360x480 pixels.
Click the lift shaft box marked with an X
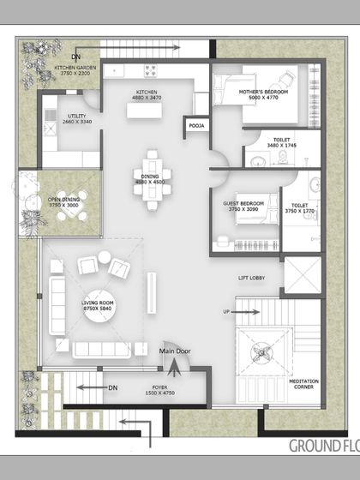303,275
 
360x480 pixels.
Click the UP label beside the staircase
226,311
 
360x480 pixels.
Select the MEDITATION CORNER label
305,385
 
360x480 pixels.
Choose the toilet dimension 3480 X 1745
281,147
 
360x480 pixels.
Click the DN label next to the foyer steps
112,387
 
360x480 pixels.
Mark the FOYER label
159,387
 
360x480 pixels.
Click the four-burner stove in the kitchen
152,70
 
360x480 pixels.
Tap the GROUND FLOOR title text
323,446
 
